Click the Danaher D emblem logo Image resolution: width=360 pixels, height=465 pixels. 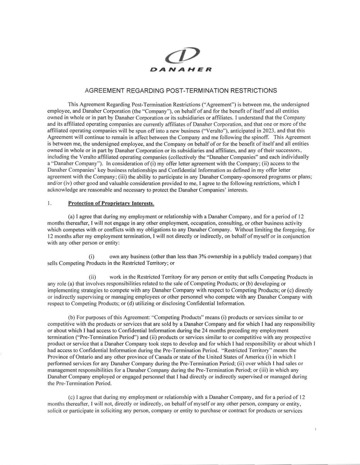[x=180, y=55]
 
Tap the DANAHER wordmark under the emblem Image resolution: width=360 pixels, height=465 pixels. [x=180, y=70]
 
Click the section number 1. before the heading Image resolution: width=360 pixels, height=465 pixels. [x=50, y=203]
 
